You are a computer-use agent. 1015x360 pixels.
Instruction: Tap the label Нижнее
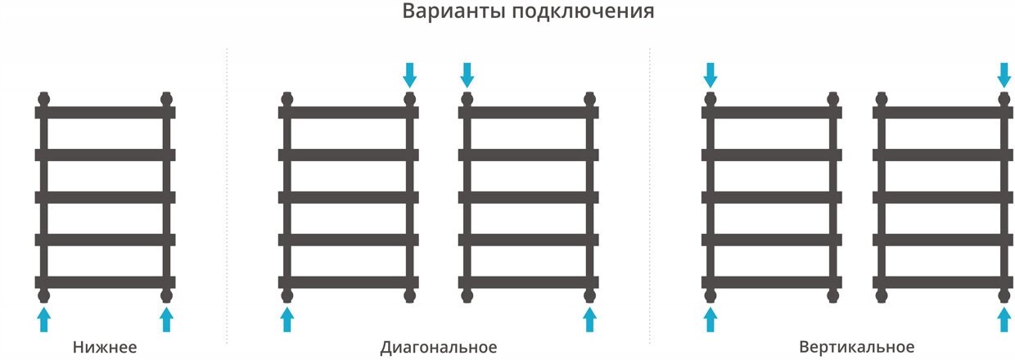104,347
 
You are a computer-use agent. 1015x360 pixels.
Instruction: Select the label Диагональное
439,347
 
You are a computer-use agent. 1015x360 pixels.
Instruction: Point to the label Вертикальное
856,347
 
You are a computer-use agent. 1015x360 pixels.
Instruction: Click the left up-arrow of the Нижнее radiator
44,319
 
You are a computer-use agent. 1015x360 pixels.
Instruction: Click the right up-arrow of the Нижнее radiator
167,319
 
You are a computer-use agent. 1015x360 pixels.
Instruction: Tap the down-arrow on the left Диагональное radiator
410,75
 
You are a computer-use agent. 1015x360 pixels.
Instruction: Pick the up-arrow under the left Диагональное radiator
287,319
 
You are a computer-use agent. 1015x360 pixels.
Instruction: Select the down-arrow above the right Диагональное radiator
467,75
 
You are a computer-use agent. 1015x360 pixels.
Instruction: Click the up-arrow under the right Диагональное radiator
589,319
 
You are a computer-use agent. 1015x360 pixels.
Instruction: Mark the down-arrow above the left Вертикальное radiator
710,75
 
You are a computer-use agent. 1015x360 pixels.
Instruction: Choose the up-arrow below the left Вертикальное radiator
710,319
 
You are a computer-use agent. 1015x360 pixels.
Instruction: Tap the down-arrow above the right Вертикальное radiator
1004,75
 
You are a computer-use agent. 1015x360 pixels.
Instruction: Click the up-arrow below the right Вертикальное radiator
1004,319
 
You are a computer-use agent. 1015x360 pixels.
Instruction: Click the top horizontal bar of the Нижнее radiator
106,112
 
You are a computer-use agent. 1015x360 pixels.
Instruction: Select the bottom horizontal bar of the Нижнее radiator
106,282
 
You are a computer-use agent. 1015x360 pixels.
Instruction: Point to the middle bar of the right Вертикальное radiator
943,197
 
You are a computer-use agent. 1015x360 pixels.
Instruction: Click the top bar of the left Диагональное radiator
349,112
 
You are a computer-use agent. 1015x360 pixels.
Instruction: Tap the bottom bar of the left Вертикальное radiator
772,282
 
